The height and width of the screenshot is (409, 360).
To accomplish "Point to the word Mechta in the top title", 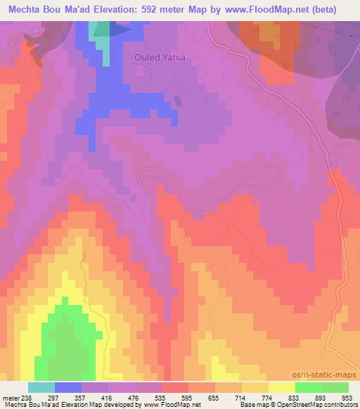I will point(27,10).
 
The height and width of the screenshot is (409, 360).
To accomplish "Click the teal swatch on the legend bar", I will point(41,387).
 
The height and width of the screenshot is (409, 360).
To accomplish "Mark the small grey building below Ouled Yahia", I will point(176,100).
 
